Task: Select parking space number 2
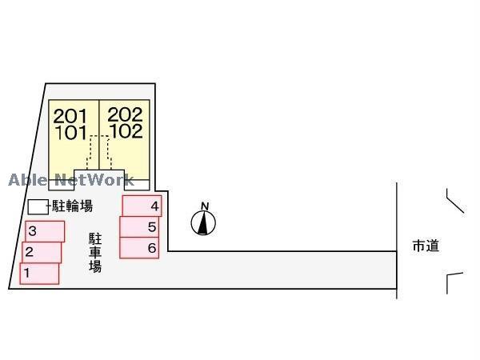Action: tap(42, 253)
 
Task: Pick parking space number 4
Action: tap(142, 206)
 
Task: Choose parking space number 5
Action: tap(140, 227)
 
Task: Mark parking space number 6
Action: tap(139, 248)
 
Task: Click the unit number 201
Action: tap(70, 116)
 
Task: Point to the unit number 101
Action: tap(70, 133)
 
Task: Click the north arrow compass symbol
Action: tap(204, 223)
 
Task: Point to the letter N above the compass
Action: tap(205, 206)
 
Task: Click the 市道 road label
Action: tap(426, 246)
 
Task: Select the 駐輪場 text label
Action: tap(72, 206)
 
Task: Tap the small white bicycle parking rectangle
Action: tap(38, 206)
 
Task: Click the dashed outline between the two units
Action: tap(100, 152)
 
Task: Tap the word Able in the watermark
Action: tap(28, 180)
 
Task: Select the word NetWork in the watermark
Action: tap(94, 180)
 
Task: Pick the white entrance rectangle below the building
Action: tap(100, 178)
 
